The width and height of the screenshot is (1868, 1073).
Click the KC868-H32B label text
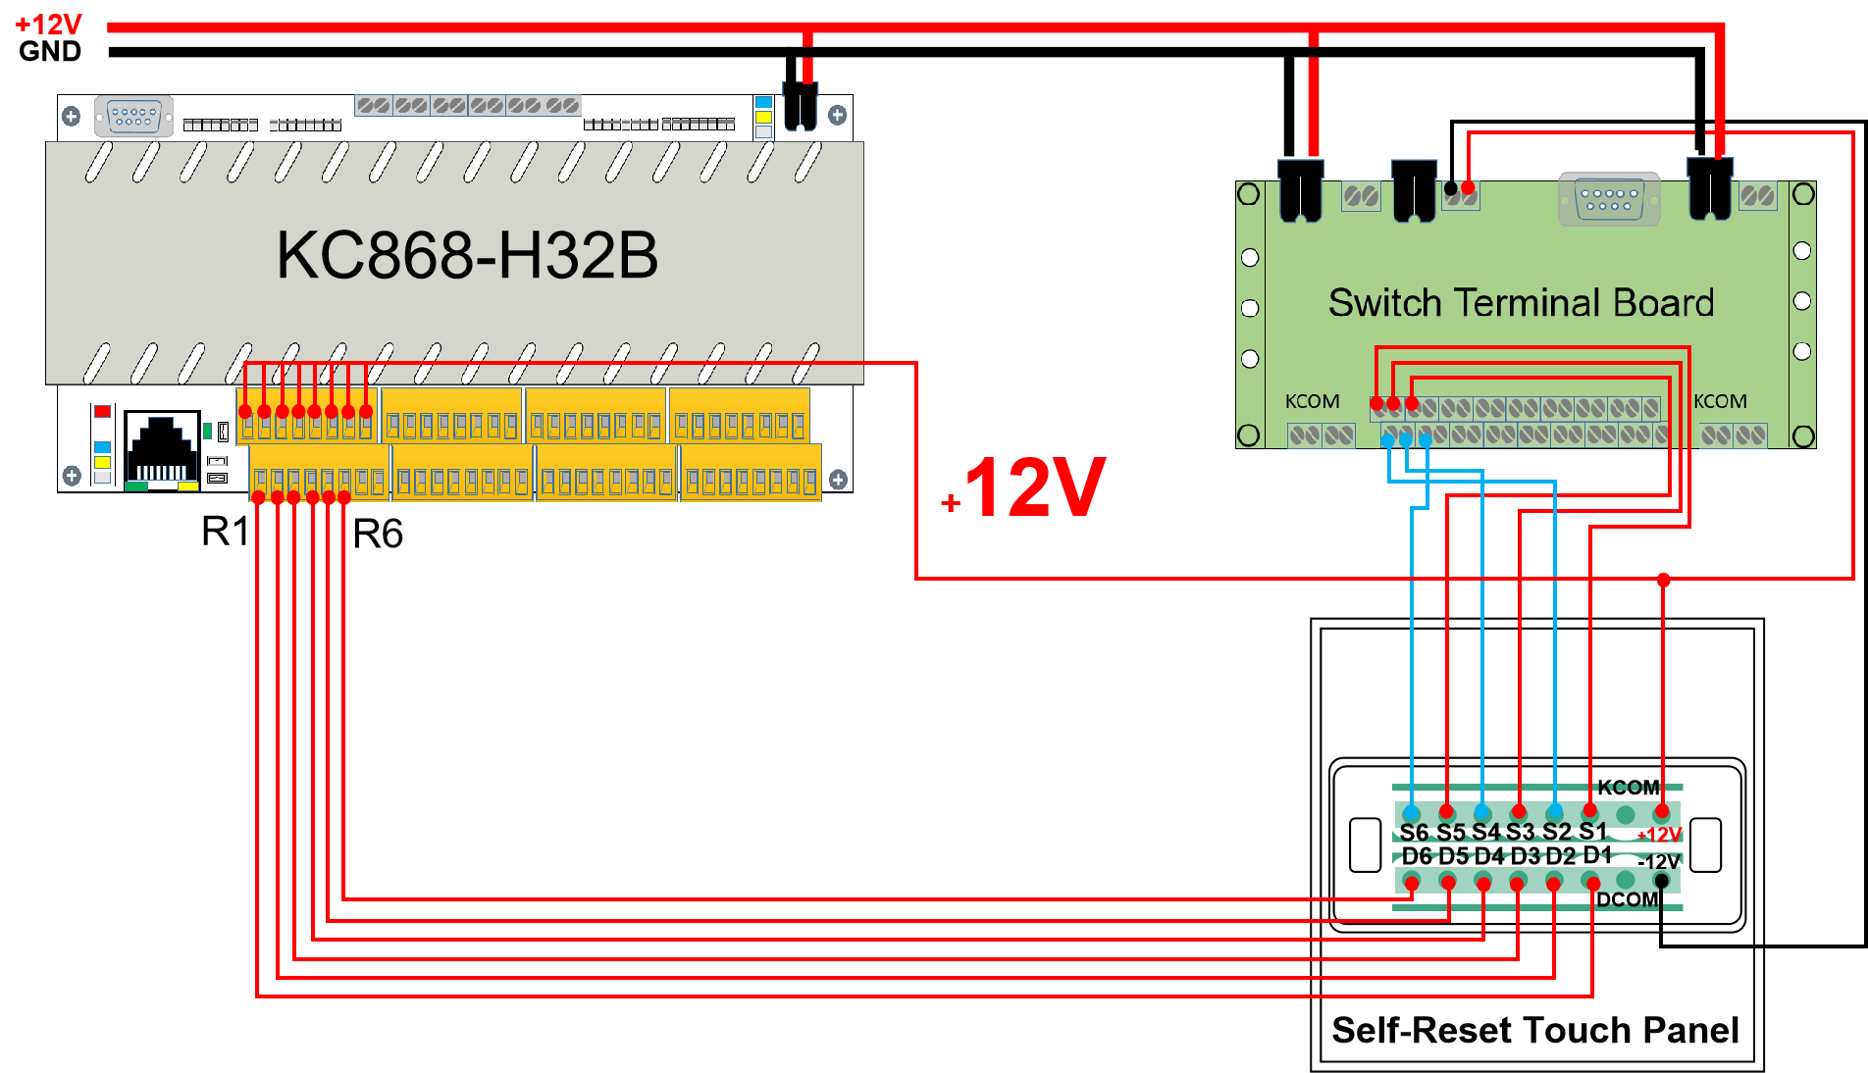click(467, 256)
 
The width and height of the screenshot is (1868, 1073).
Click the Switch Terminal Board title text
click(1521, 303)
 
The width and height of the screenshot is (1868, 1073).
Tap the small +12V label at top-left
click(49, 25)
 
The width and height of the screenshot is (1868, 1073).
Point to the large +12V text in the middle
click(1025, 487)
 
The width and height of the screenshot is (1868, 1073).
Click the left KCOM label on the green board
click(1312, 401)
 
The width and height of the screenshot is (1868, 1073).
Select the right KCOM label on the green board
click(1720, 401)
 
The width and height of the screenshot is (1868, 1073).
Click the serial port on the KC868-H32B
click(133, 116)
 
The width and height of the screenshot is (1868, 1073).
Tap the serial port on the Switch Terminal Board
click(1609, 199)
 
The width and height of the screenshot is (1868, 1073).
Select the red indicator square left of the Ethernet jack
click(102, 411)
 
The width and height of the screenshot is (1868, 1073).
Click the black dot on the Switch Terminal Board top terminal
click(1451, 187)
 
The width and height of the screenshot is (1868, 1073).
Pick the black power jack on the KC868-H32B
click(801, 106)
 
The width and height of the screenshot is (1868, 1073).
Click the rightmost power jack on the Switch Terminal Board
click(1710, 188)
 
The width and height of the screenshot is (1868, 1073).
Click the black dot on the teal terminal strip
click(1661, 881)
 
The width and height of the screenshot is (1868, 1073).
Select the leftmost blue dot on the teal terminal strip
click(1411, 811)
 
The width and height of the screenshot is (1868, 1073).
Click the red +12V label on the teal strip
click(1660, 836)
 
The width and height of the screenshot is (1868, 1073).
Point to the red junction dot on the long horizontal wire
click(1664, 580)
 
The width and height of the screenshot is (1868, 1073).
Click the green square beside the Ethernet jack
click(207, 431)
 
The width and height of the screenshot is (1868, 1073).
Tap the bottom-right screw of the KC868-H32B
click(838, 480)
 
